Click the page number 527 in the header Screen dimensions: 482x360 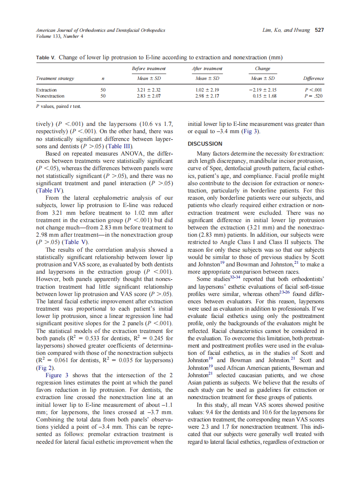(319, 30)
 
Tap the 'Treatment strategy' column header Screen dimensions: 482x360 (55, 79)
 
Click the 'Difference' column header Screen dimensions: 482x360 (313, 79)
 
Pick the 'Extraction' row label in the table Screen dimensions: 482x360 (46, 90)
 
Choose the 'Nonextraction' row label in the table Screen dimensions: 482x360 (50, 96)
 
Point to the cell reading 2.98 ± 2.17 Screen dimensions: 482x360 (207, 96)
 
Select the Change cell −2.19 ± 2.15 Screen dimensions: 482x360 (263, 90)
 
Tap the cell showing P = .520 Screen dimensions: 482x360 (313, 96)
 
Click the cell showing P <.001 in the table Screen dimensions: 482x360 (313, 90)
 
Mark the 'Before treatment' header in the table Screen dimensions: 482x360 (148, 69)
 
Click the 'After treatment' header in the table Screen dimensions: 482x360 (207, 69)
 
